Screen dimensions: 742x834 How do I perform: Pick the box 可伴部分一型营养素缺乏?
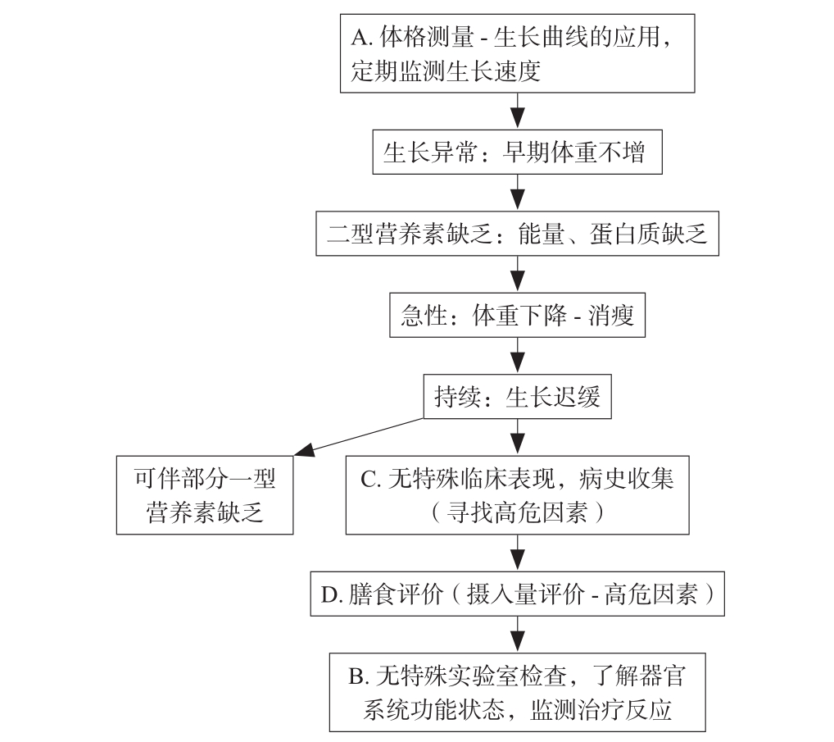click(205, 494)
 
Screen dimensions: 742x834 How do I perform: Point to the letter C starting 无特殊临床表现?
click(368, 479)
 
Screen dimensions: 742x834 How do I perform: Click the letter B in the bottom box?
click(356, 677)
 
